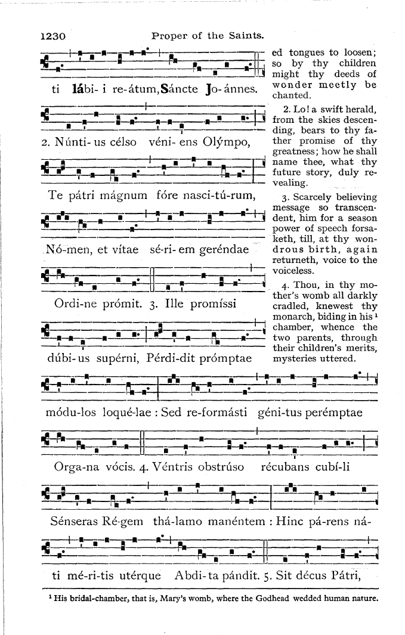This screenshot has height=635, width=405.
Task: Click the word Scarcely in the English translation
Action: (308, 197)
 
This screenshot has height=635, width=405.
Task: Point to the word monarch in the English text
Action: (292, 317)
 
